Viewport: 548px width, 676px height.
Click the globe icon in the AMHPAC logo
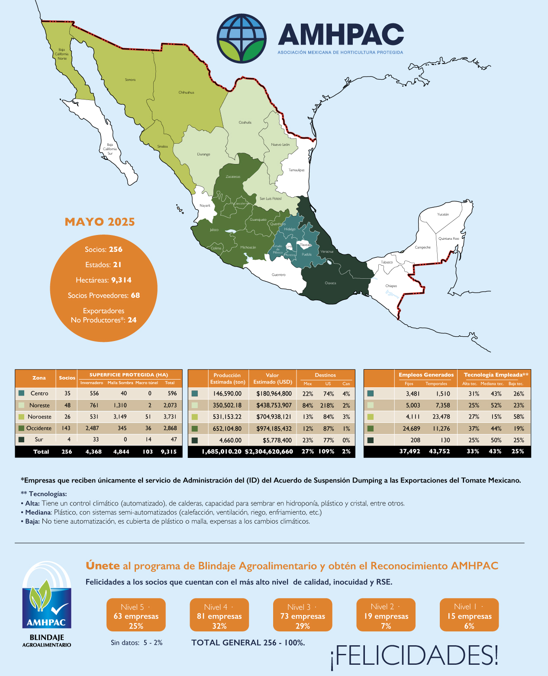click(241, 39)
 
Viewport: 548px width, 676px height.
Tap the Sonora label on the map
click(130, 80)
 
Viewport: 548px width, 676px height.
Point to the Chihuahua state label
click(186, 92)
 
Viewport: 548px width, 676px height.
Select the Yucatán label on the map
click(443, 214)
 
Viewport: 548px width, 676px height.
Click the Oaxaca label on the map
click(330, 283)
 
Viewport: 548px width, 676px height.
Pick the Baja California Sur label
click(110, 149)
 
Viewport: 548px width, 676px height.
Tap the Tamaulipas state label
click(297, 170)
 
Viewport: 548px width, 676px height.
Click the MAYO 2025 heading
click(100, 222)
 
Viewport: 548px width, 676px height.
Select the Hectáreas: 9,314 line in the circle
click(103, 280)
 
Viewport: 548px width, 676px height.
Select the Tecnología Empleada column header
click(496, 375)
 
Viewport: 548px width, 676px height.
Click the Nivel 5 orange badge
click(136, 615)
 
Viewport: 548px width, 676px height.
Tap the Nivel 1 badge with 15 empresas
click(469, 615)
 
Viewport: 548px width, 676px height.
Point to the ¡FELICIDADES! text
click(414, 655)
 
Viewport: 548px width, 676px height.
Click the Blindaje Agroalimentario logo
click(47, 604)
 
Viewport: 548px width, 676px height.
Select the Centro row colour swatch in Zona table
click(22, 393)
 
